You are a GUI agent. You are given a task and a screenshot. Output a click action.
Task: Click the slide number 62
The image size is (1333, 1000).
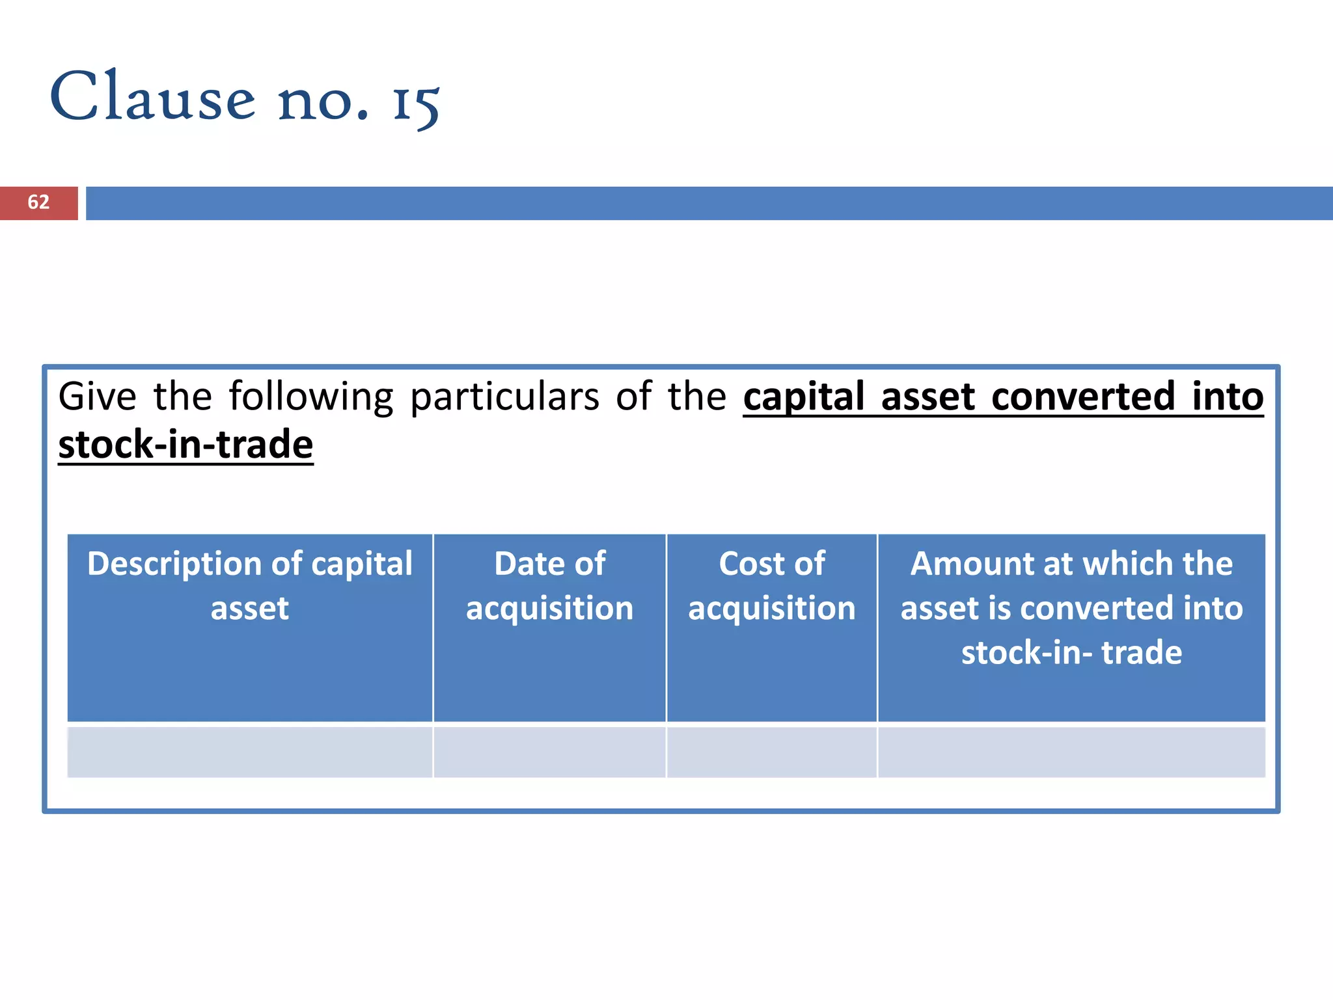click(x=38, y=202)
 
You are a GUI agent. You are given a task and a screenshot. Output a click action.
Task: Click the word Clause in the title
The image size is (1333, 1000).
click(x=153, y=98)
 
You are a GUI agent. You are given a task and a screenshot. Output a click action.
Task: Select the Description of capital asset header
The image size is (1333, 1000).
click(x=250, y=585)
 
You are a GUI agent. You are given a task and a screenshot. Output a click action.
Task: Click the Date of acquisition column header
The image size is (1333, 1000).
click(x=549, y=585)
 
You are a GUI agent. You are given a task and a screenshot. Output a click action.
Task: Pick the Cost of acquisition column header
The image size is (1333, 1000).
click(x=772, y=585)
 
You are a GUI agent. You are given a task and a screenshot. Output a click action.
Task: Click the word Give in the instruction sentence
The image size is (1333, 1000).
click(x=98, y=396)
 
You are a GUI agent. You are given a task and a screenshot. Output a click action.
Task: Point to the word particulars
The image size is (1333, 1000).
click(x=504, y=398)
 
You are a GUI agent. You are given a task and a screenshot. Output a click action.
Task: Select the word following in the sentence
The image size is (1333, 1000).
click(x=311, y=398)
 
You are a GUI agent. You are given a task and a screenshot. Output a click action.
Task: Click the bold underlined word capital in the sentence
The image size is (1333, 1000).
click(x=804, y=398)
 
